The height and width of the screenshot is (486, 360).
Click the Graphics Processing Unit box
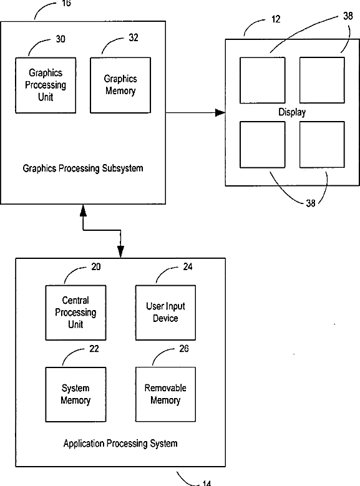coord(46,85)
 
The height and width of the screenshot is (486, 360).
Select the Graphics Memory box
coord(120,85)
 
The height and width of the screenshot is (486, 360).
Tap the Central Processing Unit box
coord(75,313)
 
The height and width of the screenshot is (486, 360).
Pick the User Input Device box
coord(165,313)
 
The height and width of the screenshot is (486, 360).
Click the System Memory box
coord(75,394)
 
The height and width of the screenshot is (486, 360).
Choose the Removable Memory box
coord(165,394)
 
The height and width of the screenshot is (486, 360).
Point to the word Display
coord(292,112)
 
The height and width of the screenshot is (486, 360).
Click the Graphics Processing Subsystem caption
coord(83,168)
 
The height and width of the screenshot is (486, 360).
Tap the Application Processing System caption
coord(120,444)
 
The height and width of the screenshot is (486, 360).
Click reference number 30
coord(61,39)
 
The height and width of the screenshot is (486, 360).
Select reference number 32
coord(134,38)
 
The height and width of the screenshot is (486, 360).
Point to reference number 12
coord(276,19)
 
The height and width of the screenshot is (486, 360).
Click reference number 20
coord(96,267)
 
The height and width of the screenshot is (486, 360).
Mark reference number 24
coord(188,267)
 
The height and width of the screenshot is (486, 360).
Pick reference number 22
coord(94,349)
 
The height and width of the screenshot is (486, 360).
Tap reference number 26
coord(184,349)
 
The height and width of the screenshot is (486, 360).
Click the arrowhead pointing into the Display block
coord(220,112)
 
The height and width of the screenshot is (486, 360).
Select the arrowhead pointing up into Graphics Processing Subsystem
coord(83,210)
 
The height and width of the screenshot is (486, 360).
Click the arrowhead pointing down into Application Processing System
coord(120,251)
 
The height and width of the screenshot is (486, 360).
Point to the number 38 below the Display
coord(310,203)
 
